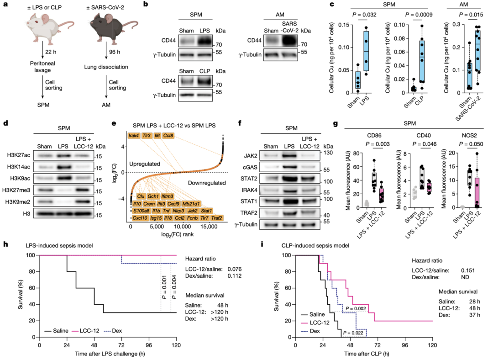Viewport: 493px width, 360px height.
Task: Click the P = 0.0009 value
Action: coord(410,14)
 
